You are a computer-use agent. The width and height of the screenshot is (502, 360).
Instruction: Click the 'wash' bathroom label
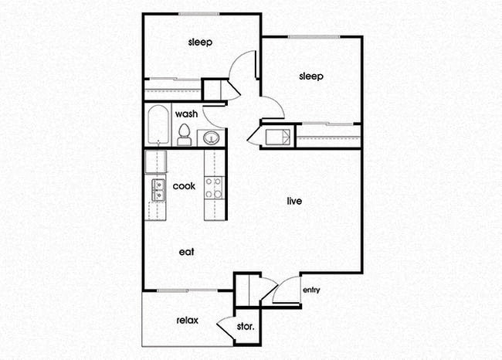(186, 114)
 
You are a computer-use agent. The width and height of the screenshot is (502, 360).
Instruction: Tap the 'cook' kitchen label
(184, 186)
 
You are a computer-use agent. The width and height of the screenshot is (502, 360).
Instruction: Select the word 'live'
(293, 202)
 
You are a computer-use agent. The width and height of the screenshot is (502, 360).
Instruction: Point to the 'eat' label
(186, 251)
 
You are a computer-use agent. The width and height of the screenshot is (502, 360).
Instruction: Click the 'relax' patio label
(188, 320)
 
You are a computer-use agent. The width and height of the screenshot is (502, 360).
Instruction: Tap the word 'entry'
(311, 290)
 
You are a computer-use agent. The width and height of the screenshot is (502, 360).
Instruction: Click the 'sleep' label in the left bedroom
(200, 42)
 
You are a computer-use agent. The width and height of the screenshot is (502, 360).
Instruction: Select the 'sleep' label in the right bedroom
(310, 76)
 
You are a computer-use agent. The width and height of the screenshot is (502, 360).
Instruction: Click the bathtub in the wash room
(158, 125)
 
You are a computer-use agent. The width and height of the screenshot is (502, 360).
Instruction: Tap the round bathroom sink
(210, 138)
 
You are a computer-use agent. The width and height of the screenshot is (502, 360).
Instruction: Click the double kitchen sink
(158, 189)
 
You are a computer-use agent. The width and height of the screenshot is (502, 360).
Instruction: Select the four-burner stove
(214, 188)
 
